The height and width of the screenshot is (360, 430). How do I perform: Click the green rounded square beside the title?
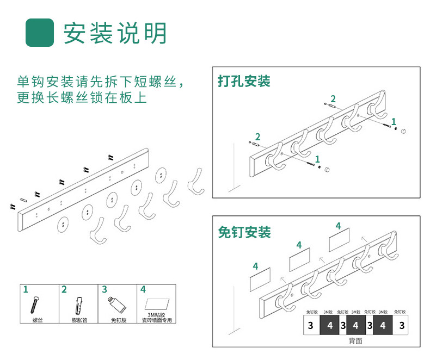(40, 33)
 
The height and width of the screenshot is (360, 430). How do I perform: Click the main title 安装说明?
(115, 33)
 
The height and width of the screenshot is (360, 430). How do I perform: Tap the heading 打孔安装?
(244, 82)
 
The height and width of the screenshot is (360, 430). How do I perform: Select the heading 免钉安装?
(244, 232)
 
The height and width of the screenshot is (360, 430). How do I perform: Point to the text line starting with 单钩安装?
(100, 83)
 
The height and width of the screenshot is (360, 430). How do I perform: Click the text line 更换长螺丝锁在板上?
(82, 98)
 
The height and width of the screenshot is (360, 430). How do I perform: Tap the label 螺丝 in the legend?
(38, 321)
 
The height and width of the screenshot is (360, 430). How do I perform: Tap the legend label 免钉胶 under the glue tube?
(119, 321)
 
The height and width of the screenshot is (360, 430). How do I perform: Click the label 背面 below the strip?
(355, 341)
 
